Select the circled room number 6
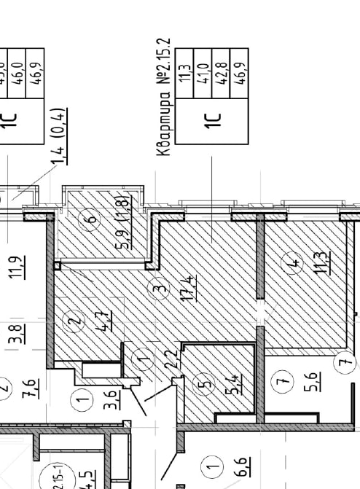(x=90, y=218)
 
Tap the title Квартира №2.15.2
(x=165, y=97)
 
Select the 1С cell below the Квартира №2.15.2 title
(x=214, y=117)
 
